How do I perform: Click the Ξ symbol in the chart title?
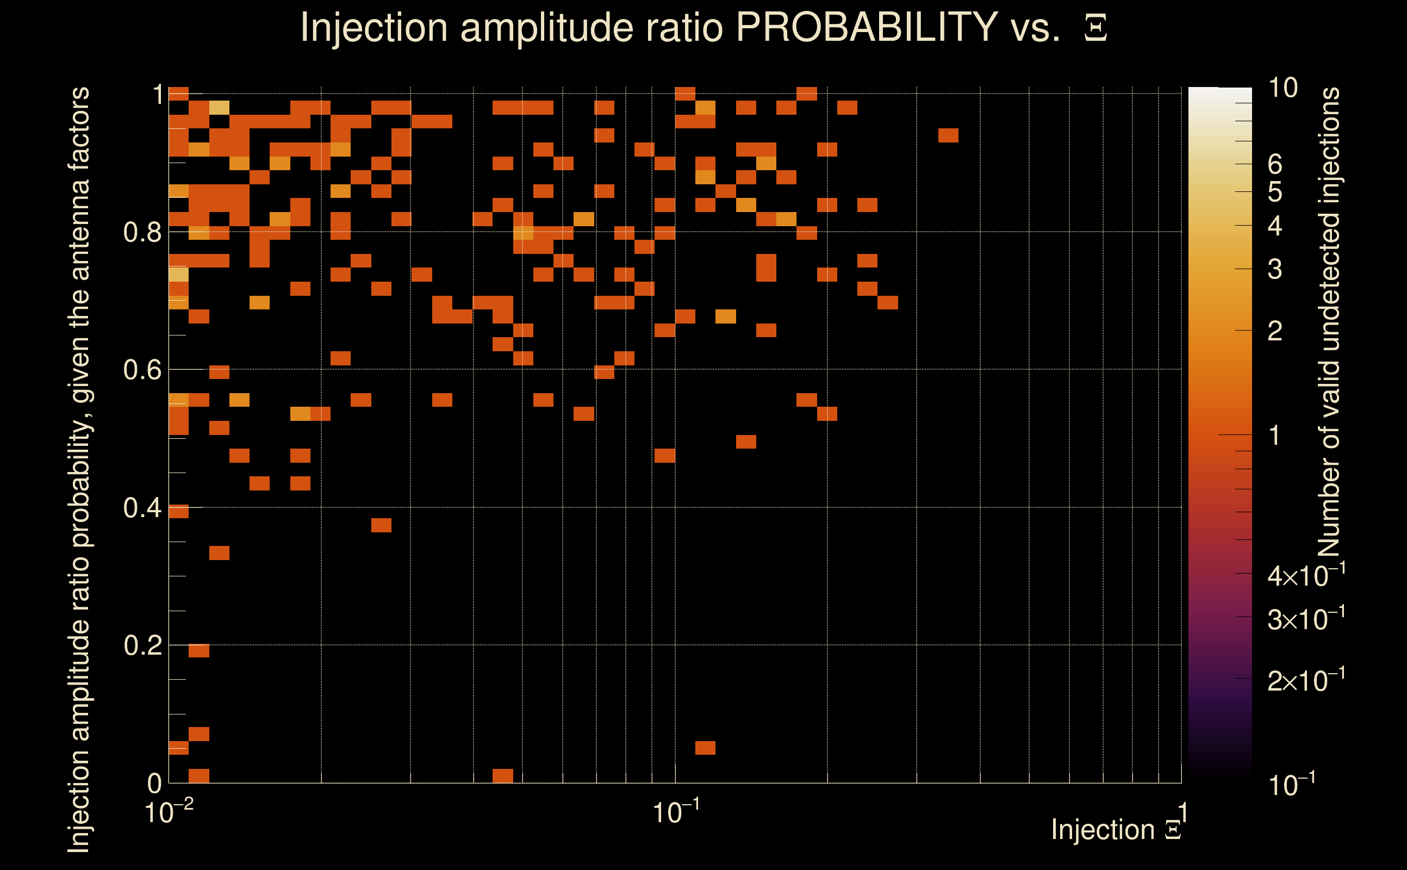tap(1095, 28)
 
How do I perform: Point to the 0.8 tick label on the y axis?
tap(142, 232)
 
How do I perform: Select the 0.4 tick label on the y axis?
tap(142, 507)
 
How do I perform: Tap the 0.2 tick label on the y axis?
tap(142, 645)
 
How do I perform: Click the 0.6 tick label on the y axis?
tap(142, 369)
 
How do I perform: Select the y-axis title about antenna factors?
tap(79, 469)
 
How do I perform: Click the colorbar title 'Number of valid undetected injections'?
tap(1329, 322)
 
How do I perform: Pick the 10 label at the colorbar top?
tap(1283, 88)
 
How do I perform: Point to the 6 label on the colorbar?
tap(1275, 165)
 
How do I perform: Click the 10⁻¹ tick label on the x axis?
tap(676, 812)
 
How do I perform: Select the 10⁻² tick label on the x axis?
tap(169, 812)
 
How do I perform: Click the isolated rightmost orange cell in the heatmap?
tap(948, 135)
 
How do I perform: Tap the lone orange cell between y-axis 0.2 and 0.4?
tap(219, 553)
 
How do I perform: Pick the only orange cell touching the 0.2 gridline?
tap(199, 650)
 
